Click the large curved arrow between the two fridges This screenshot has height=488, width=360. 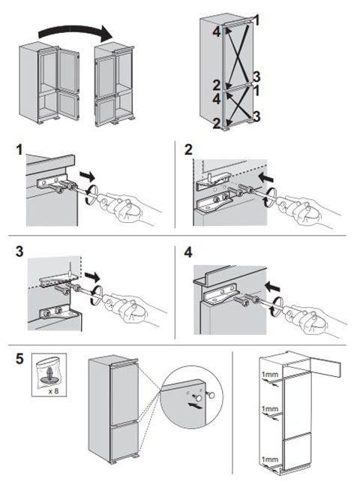[x=74, y=30]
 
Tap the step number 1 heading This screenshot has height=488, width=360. [x=19, y=149]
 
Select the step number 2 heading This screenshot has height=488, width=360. [x=188, y=149]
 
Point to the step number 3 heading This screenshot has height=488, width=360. [x=19, y=252]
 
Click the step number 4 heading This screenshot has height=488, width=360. [x=188, y=252]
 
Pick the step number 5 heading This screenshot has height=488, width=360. [x=19, y=359]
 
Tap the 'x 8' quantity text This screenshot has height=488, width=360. [x=53, y=390]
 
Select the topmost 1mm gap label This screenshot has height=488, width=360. [x=269, y=374]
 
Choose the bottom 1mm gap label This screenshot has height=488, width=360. [x=269, y=459]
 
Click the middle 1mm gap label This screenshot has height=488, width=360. [x=269, y=408]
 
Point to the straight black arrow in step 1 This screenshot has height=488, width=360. [x=88, y=176]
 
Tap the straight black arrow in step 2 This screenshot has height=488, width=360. [x=265, y=178]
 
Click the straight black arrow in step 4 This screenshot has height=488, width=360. [x=271, y=286]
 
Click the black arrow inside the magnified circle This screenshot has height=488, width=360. [x=194, y=405]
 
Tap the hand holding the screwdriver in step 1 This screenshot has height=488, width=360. [x=130, y=208]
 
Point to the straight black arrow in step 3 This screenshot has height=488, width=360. [x=92, y=276]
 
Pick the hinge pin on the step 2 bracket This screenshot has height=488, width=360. [x=209, y=178]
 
